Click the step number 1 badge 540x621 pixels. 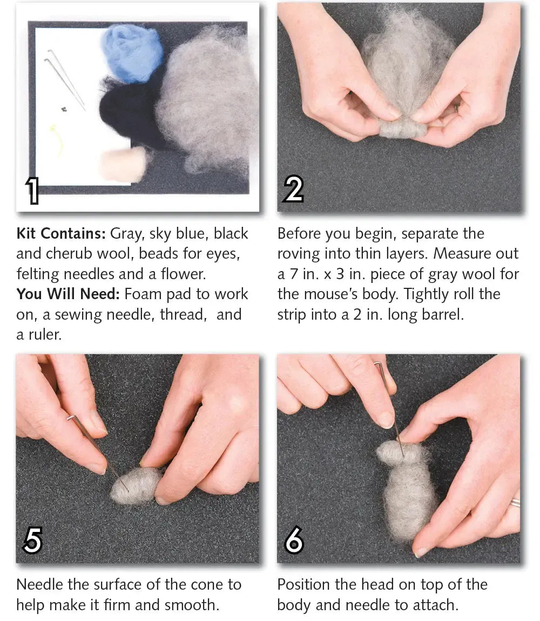point(33,190)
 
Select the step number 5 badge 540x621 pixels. point(32,540)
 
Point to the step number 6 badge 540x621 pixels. point(294,539)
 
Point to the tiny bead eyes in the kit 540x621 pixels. point(64,109)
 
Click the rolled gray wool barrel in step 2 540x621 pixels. point(402,129)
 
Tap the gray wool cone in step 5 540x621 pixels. point(135,484)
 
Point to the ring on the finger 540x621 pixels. point(515,503)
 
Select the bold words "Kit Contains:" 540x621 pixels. point(61,233)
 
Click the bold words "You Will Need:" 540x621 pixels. point(67,294)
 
